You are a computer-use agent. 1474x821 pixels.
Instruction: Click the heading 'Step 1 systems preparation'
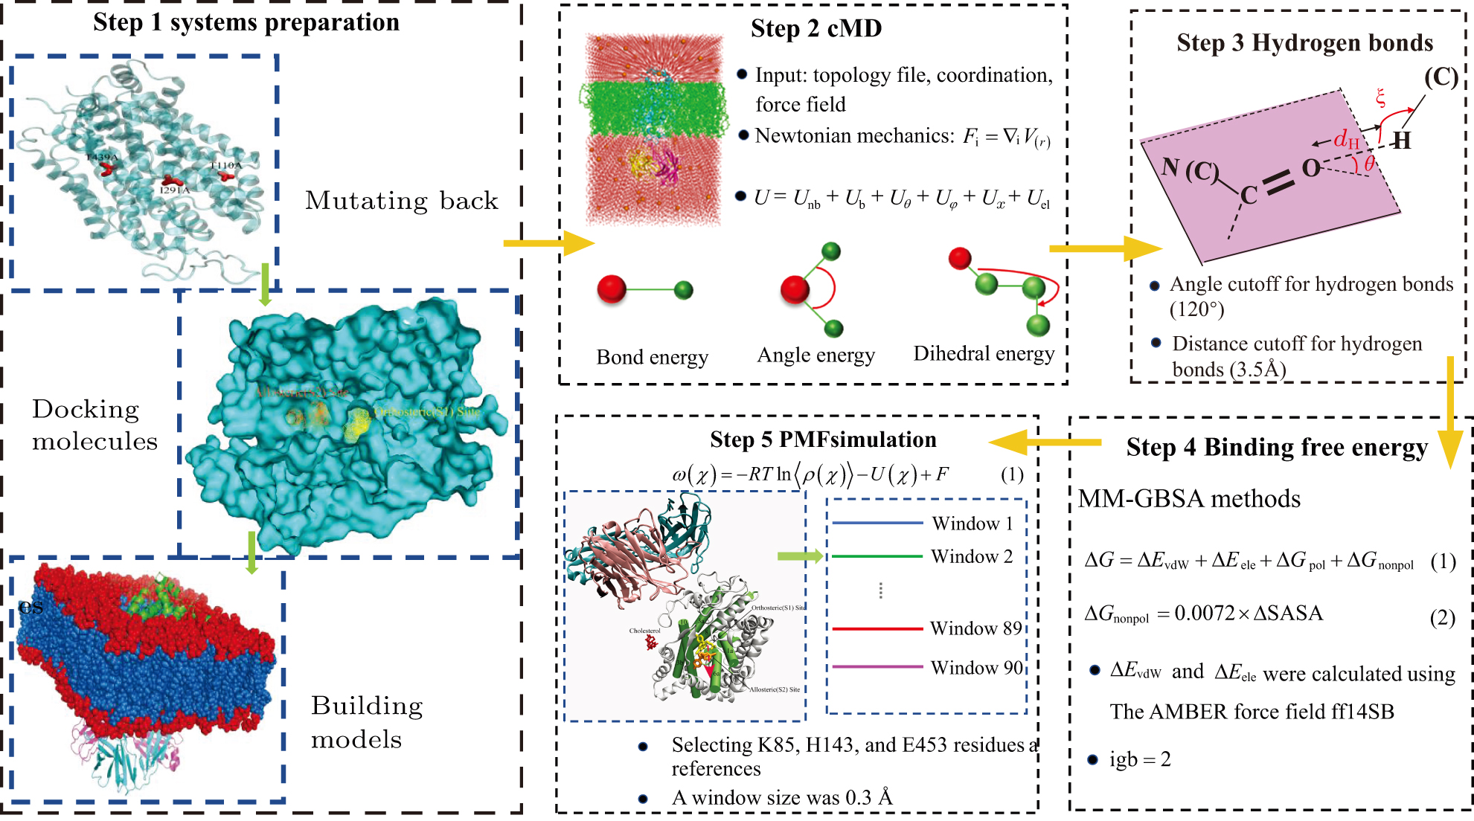pyautogui.click(x=246, y=22)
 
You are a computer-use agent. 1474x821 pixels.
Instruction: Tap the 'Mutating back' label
pyautogui.click(x=401, y=201)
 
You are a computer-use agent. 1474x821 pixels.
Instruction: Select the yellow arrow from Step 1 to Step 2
pyautogui.click(x=548, y=243)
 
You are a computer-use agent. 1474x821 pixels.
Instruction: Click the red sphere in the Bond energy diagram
pyautogui.click(x=612, y=289)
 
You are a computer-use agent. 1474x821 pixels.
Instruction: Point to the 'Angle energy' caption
pyautogui.click(x=815, y=355)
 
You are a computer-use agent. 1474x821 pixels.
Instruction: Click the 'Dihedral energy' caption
pyautogui.click(x=984, y=353)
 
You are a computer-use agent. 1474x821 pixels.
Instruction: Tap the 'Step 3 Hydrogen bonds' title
pyautogui.click(x=1304, y=43)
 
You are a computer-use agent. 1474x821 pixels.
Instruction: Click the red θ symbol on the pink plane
pyautogui.click(x=1368, y=164)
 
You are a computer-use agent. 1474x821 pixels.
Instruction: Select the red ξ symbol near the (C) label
pyautogui.click(x=1380, y=97)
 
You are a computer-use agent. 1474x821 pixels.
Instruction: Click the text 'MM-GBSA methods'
pyautogui.click(x=1189, y=498)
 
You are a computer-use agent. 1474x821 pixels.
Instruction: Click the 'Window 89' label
pyautogui.click(x=975, y=629)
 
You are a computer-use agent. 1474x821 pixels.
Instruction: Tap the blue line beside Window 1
pyautogui.click(x=877, y=524)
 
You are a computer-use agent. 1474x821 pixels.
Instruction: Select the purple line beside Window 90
pyautogui.click(x=877, y=667)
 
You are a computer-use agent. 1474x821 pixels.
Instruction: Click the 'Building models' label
pyautogui.click(x=366, y=722)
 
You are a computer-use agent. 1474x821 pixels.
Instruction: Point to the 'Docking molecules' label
pyautogui.click(x=94, y=425)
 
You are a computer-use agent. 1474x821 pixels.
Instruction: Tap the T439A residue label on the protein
pyautogui.click(x=102, y=158)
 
